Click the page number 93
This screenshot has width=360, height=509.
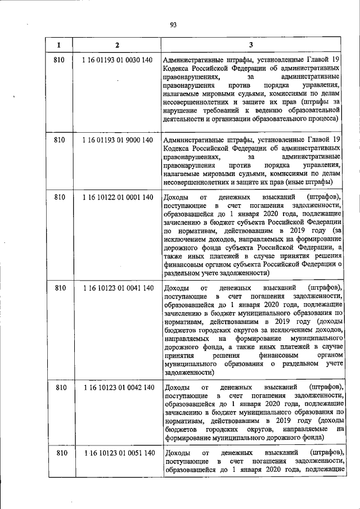point(173,24)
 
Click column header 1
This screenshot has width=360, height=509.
point(59,44)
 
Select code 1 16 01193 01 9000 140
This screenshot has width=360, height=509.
point(117,139)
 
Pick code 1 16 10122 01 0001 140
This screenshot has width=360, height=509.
point(117,197)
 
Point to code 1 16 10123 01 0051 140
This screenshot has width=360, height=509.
point(117,453)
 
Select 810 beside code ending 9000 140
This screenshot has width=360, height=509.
point(59,139)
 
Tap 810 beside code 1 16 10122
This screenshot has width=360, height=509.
point(59,197)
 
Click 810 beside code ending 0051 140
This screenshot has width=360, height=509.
point(59,453)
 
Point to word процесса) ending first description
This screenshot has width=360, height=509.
point(324,118)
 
